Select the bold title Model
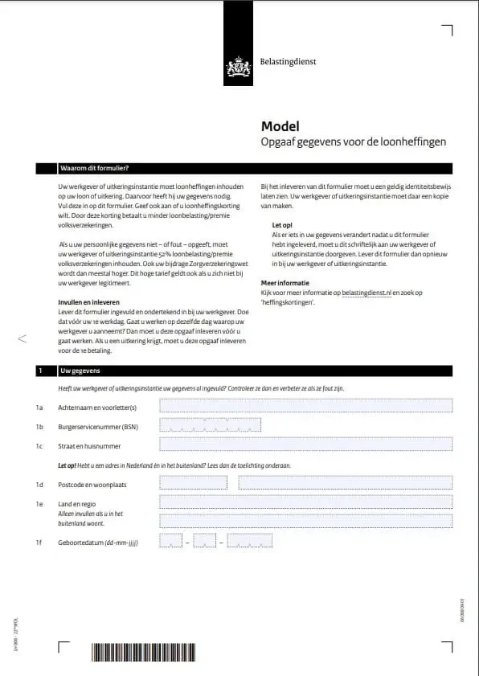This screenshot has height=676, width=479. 280,126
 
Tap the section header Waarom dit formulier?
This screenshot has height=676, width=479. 94,169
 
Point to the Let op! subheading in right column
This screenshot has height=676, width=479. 282,224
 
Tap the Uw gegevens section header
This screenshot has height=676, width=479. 80,371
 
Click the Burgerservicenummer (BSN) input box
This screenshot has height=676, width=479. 204,425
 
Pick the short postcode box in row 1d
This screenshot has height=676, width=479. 193,483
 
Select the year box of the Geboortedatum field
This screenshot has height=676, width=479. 249,541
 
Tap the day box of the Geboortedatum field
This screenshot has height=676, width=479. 171,541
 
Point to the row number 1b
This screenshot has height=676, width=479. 39,426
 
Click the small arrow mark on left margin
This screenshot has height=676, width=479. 22,339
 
